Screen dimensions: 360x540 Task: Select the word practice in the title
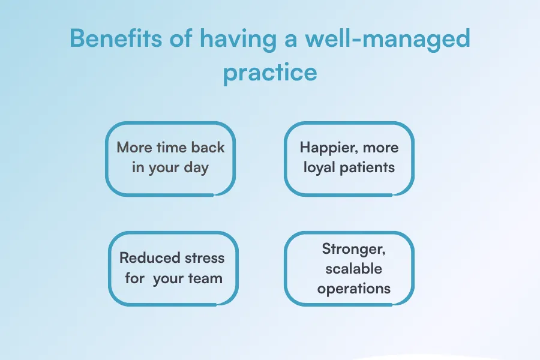click(x=269, y=73)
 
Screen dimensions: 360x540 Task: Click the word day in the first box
click(x=196, y=167)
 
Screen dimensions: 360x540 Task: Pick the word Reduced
click(x=146, y=259)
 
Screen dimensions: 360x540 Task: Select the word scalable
click(x=353, y=269)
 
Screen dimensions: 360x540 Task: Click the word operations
click(x=353, y=289)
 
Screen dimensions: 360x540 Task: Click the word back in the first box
click(x=208, y=148)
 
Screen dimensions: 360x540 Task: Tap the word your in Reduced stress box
click(x=168, y=278)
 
